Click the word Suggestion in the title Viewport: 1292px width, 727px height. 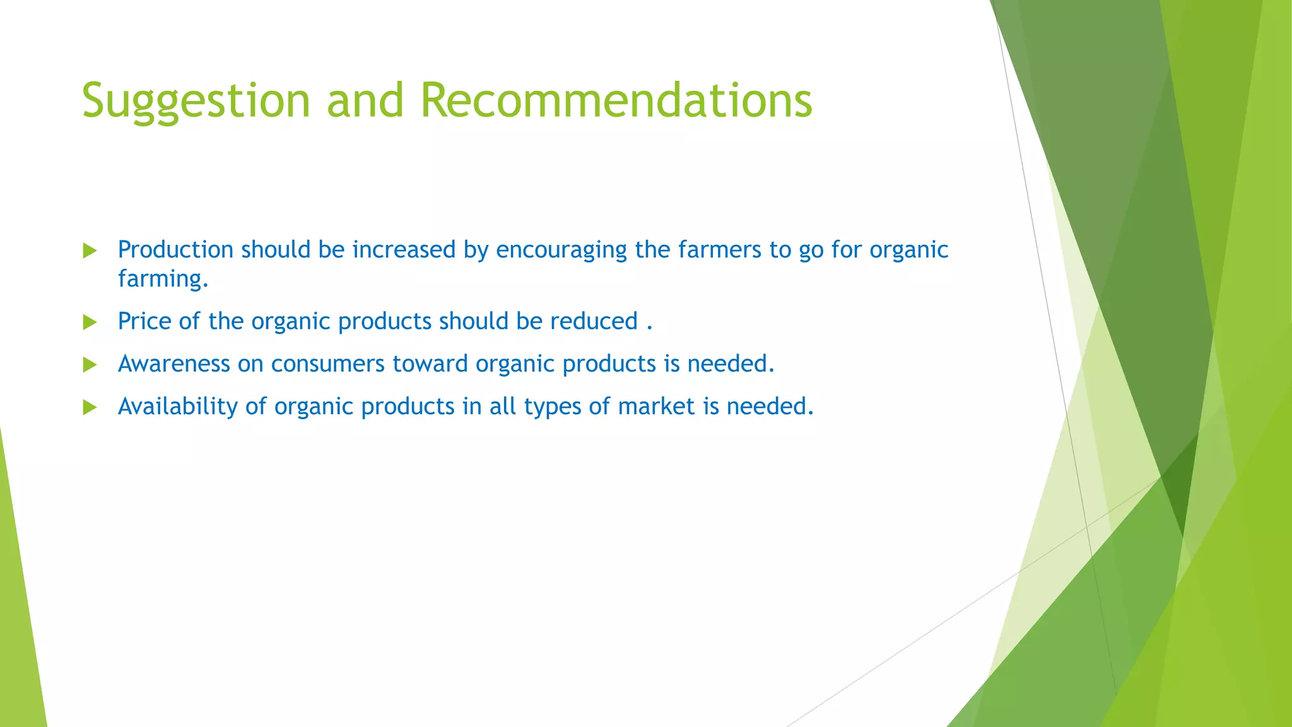pos(196,101)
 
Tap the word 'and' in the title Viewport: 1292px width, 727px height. pos(365,101)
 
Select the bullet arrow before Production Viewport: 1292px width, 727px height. pos(90,251)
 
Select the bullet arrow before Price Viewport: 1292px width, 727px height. pos(90,322)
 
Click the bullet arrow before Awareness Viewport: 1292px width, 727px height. pos(90,365)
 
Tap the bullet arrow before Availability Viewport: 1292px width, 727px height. pos(90,407)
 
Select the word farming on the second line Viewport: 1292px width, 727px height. pos(162,279)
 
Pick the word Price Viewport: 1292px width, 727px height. pos(144,321)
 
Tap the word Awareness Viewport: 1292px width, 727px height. pos(173,364)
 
